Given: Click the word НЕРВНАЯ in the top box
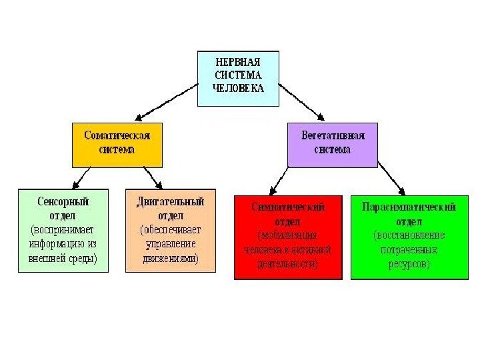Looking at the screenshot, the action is click(238, 61).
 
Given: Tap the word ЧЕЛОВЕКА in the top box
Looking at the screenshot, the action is click(238, 87).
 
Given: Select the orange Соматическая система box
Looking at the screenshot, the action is click(117, 143).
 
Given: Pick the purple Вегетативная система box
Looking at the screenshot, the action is click(332, 145).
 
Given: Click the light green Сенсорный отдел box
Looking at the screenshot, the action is click(63, 230).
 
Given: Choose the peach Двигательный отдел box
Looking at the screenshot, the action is click(171, 230).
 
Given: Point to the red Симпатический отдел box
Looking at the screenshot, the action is click(288, 237).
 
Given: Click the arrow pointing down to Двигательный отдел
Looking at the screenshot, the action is click(153, 177).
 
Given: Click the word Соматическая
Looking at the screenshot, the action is click(117, 135).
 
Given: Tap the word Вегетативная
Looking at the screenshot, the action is click(332, 136).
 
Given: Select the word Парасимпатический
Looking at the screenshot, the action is click(409, 207).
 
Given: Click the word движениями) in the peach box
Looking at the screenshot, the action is click(171, 259).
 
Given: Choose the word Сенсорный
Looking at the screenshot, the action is click(63, 201).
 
